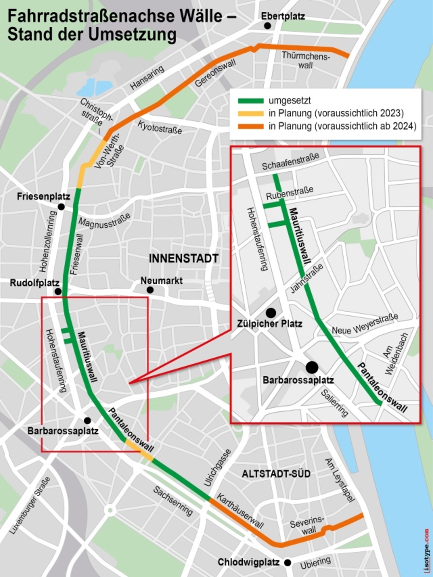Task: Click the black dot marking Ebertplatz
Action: pos(267,26)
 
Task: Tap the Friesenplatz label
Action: pos(43,197)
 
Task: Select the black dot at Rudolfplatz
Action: pos(58,291)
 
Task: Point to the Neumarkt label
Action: pos(162,280)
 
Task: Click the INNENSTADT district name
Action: pos(184,258)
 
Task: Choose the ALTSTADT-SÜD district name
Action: pos(276,473)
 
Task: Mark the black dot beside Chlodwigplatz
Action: pos(288,563)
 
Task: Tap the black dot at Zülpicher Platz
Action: pos(271,313)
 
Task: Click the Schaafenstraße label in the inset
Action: pos(290,162)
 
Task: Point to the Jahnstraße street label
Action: pos(307,278)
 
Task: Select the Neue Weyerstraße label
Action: pos(365,324)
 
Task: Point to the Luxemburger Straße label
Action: pos(30,505)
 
